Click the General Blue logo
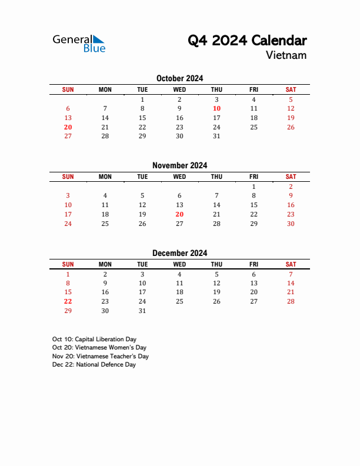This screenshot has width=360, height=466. click(79, 43)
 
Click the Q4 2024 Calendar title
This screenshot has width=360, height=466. click(247, 41)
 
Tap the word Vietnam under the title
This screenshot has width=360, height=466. click(286, 55)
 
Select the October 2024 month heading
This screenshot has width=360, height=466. click(179, 78)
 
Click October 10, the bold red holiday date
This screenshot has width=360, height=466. click(216, 108)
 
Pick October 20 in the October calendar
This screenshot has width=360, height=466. click(68, 127)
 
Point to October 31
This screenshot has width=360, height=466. click(216, 136)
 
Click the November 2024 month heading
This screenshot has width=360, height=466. click(179, 166)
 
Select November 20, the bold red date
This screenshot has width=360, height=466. click(179, 215)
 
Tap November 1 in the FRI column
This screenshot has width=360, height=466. click(254, 187)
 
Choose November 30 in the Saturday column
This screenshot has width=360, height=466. click(291, 224)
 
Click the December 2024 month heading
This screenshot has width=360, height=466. click(179, 254)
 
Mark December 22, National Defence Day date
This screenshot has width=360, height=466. click(68, 301)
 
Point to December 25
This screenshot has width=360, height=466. click(179, 301)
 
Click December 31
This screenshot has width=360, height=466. click(142, 311)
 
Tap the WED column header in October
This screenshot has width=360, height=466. click(179, 89)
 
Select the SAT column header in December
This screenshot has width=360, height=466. click(291, 265)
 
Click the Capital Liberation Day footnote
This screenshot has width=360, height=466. click(94, 339)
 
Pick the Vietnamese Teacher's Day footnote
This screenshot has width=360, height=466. click(100, 356)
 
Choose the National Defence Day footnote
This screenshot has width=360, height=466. click(94, 365)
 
